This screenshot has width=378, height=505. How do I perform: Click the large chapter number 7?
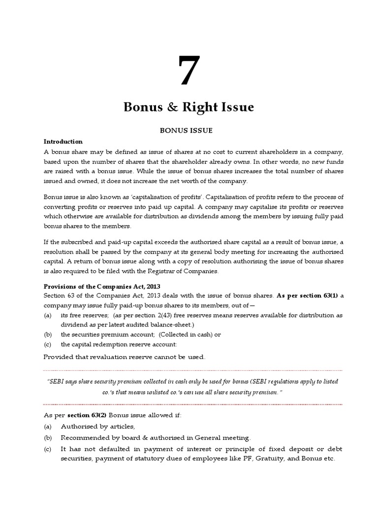coord(189,71)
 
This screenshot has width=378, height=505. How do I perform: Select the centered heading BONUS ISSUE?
coord(189,131)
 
